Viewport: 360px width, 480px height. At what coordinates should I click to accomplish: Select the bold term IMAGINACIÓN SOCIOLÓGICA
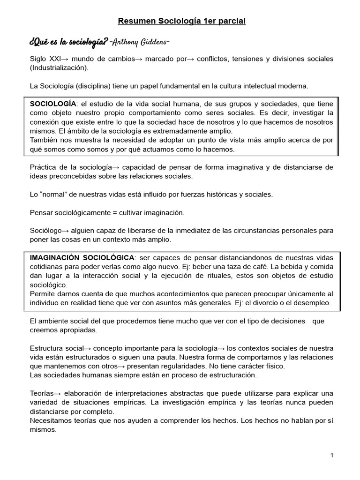pyautogui.click(x=82, y=258)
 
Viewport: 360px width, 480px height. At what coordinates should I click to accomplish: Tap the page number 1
pyautogui.click(x=331, y=456)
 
